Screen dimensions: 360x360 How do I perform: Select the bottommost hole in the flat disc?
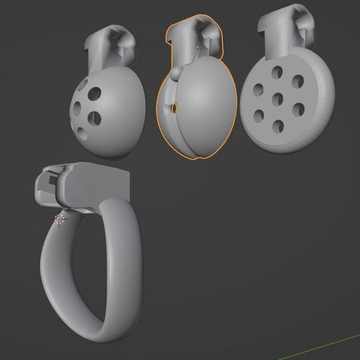[x=278, y=126]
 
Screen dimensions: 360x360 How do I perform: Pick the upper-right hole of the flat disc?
[x=298, y=82]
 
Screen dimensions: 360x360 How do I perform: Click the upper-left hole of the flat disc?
[x=258, y=89]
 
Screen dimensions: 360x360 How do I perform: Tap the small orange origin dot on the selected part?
[x=197, y=48]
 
